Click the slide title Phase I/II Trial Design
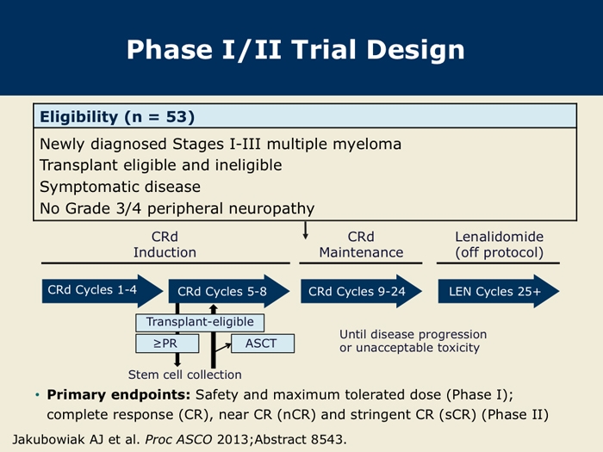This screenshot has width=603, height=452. pos(295,49)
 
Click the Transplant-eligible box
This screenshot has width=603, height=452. pos(200,322)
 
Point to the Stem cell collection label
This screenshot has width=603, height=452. pos(184,375)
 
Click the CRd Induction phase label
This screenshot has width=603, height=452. pos(165,245)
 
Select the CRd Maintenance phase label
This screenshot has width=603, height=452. pos(361,245)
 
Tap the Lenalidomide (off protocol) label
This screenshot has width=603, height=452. pos(499,245)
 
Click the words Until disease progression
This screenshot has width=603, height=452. pos(413,334)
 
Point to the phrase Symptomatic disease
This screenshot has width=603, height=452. pos(120,187)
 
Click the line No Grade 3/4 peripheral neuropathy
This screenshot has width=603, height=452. pos(177,208)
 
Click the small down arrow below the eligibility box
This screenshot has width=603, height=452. pos(306,232)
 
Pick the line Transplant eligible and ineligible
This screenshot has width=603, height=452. pos(160,164)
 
